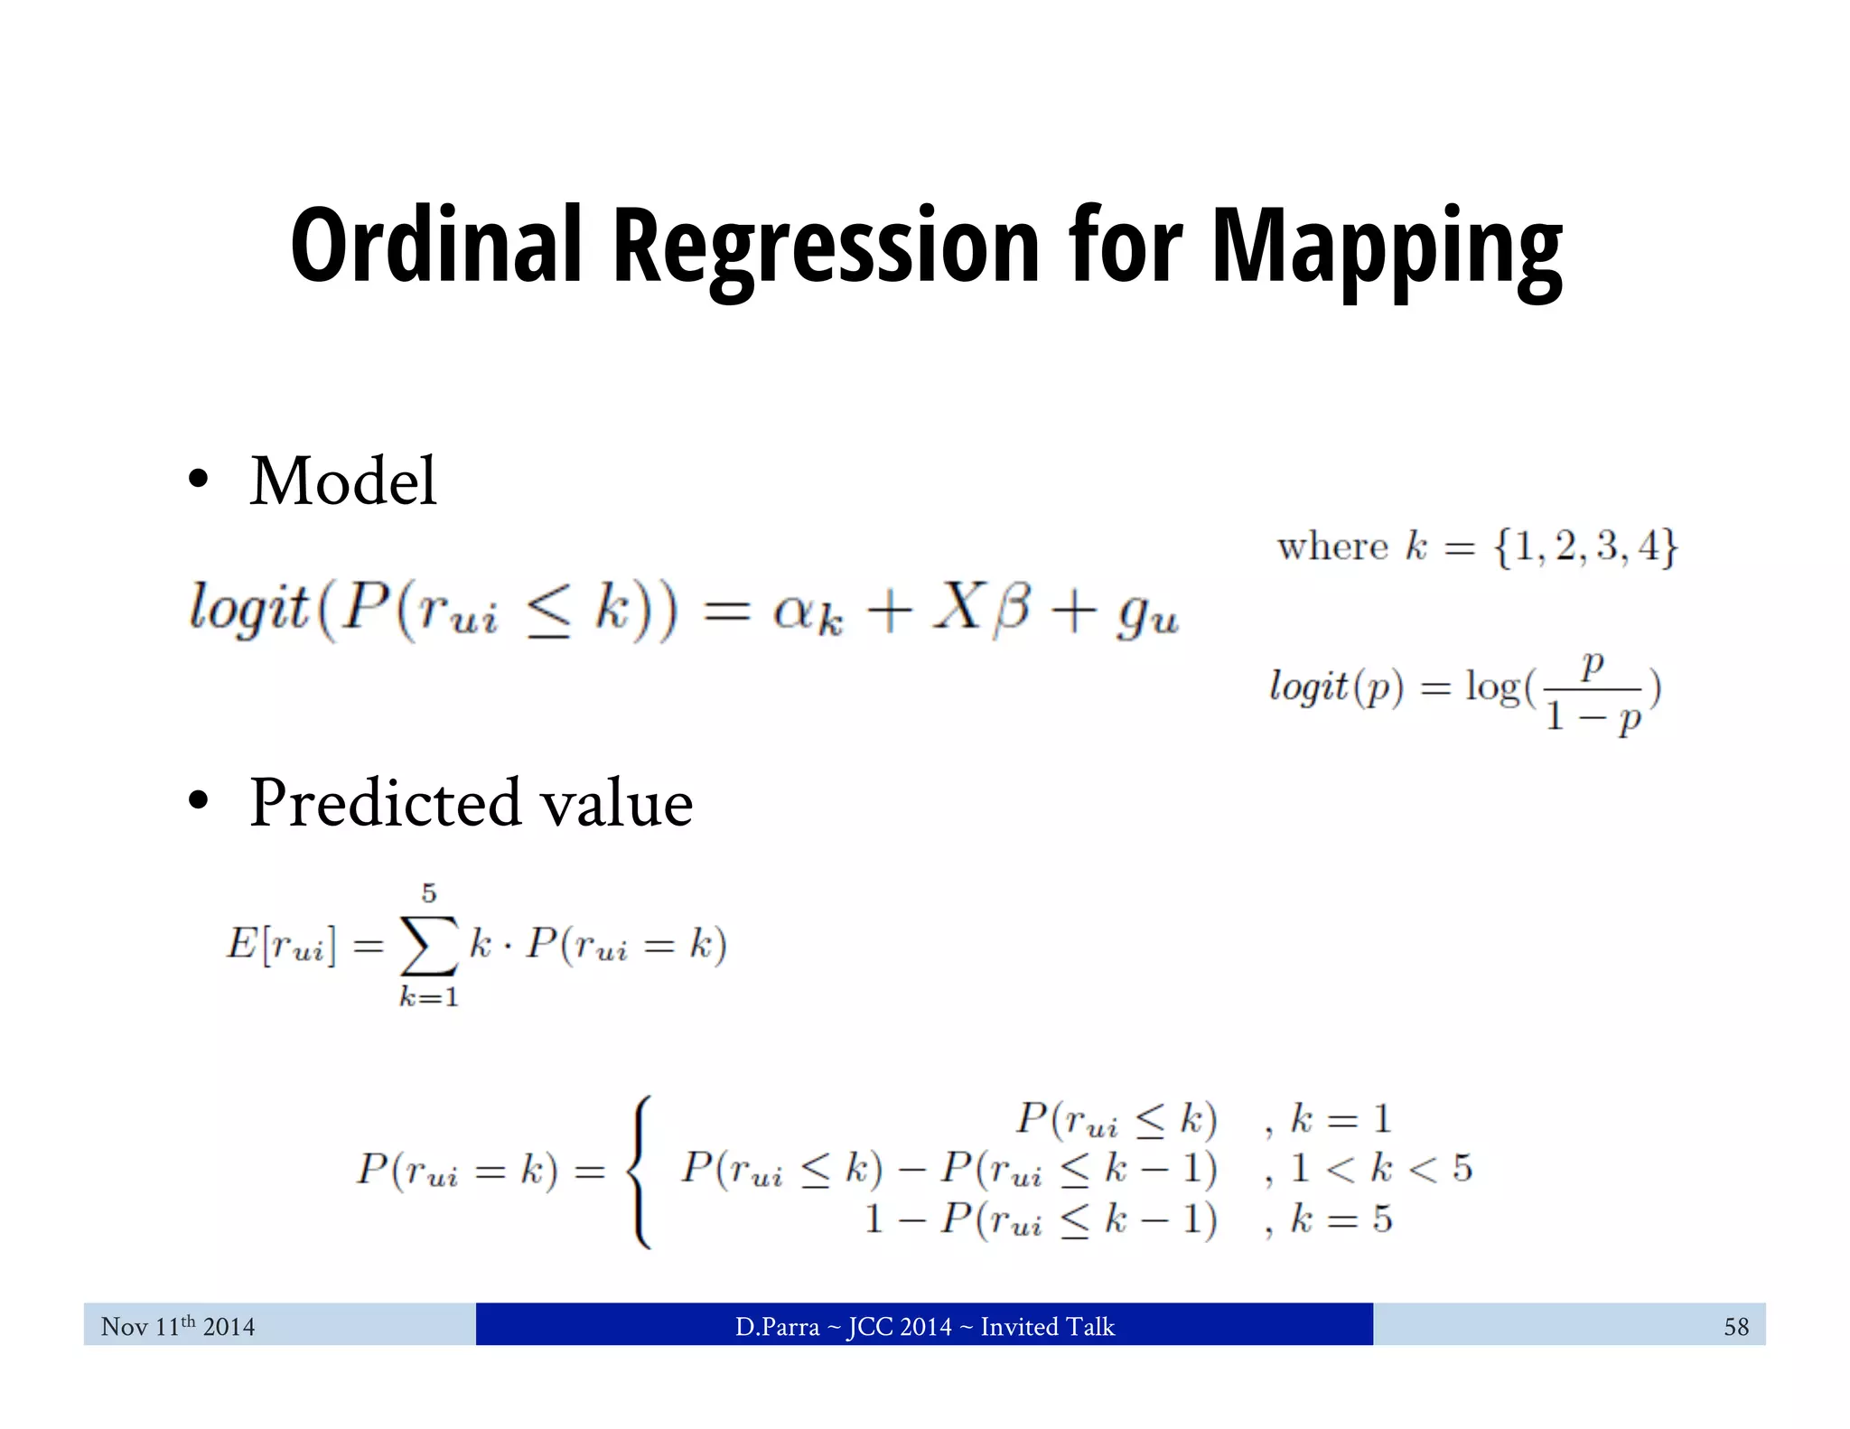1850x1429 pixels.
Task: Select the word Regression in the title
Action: click(x=827, y=246)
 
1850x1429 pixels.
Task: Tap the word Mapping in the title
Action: click(x=1387, y=246)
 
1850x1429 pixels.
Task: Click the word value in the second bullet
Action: click(x=615, y=803)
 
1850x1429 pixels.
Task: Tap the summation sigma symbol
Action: click(x=429, y=946)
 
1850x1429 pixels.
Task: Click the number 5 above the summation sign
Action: click(x=429, y=893)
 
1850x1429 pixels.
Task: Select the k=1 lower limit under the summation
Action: click(x=429, y=997)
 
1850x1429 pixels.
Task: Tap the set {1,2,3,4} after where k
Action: click(x=1585, y=546)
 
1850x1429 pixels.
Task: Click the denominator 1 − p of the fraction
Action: click(x=1593, y=718)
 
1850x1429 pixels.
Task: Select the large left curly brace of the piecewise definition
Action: click(x=640, y=1171)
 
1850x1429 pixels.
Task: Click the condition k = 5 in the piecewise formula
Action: click(x=1341, y=1219)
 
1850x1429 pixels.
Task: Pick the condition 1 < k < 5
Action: click(x=1381, y=1169)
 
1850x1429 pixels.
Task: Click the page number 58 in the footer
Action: click(x=1735, y=1326)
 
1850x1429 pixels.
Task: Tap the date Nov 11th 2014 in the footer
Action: click(x=178, y=1326)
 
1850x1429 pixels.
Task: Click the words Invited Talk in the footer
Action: click(x=1047, y=1326)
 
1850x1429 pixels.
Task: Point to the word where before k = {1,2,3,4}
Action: click(x=1332, y=546)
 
